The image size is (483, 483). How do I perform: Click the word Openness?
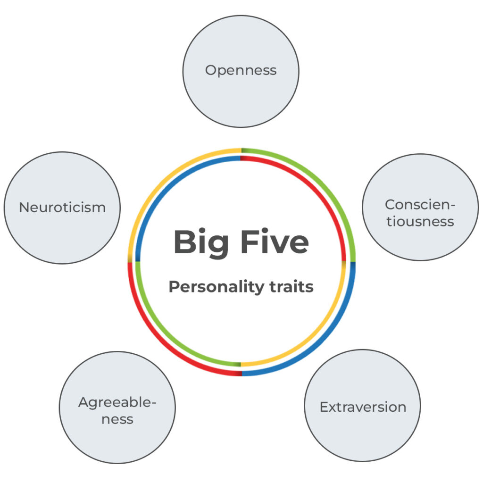click(241, 71)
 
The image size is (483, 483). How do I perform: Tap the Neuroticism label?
click(62, 208)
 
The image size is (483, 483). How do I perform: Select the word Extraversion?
click(363, 407)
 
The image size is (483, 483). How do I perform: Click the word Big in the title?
click(201, 242)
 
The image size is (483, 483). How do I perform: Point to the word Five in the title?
click(275, 242)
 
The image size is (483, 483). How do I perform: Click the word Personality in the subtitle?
click(216, 287)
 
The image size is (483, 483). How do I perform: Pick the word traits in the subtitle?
click(291, 286)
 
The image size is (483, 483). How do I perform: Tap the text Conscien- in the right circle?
click(420, 205)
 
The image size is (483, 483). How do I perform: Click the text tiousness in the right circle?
click(420, 222)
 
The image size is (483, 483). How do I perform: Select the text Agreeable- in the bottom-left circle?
click(117, 403)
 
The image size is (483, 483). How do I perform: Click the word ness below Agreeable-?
click(117, 419)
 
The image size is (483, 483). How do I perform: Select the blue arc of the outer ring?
click(322, 342)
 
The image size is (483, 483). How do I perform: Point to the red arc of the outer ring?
click(161, 342)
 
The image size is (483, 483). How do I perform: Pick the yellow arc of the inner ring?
click(316, 336)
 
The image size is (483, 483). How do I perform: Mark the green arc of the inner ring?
click(167, 336)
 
